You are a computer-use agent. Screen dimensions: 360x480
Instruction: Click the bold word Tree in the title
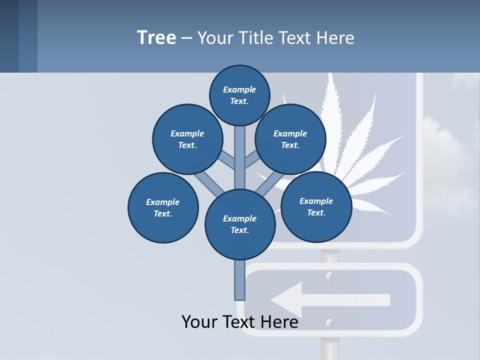coord(156,37)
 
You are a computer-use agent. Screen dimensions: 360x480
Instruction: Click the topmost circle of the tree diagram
coord(239,95)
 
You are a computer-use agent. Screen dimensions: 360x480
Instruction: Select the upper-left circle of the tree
coord(187,139)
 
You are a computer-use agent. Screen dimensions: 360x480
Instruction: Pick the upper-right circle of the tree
coord(290,139)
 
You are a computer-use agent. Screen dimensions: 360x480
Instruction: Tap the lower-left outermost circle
coord(163,207)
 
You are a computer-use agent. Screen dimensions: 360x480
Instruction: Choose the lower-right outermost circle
coord(316,206)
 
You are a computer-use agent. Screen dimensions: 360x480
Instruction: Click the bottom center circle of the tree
coord(240,224)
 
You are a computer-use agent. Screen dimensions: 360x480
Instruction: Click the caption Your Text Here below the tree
coord(239,322)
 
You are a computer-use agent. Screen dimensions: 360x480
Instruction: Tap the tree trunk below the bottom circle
coord(239,280)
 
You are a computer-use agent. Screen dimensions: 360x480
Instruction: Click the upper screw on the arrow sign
coord(329,275)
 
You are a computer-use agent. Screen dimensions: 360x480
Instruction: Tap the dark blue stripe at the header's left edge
coord(9,36)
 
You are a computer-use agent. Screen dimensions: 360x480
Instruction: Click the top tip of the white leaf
coord(330,75)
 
